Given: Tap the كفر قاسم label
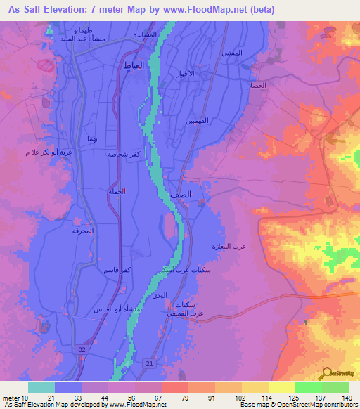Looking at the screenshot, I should [x=110, y=270].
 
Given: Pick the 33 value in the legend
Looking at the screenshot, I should [x=67, y=397].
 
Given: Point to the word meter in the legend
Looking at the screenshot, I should [x=12, y=397].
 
